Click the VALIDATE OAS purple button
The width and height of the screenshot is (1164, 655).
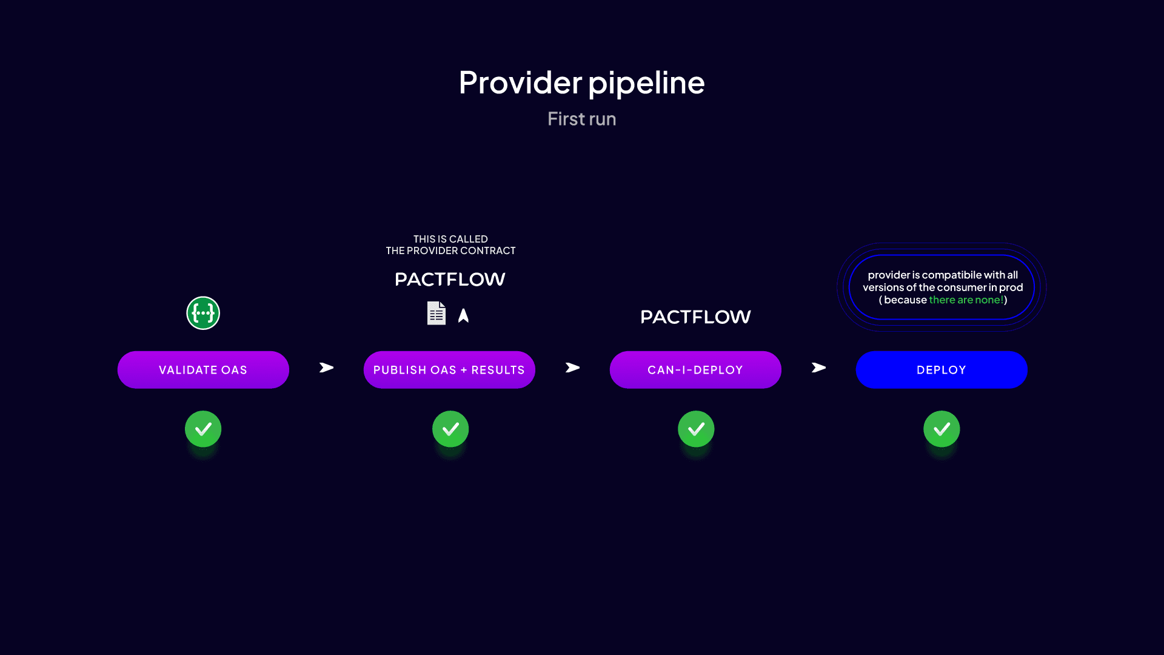203,370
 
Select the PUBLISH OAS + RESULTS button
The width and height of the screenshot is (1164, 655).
449,370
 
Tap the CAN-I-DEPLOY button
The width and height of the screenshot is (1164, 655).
695,370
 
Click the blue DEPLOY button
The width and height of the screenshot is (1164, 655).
942,370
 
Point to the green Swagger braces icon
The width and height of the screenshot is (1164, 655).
203,313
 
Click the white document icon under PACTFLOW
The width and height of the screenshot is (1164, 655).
436,313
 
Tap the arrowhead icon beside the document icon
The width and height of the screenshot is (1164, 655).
463,315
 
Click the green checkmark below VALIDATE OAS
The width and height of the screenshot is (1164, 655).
203,429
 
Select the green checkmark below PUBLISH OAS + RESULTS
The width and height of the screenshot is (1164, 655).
450,429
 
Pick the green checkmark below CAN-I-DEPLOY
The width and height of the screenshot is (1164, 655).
696,429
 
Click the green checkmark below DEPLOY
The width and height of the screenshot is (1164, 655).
942,429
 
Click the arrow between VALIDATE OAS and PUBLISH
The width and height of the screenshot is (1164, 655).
326,368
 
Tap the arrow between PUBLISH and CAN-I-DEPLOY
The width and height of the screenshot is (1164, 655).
572,368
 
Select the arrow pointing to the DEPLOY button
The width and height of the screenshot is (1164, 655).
818,368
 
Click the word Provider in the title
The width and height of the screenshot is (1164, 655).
520,82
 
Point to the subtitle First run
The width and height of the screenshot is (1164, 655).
582,119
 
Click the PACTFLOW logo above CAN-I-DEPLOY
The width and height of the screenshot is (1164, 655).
695,317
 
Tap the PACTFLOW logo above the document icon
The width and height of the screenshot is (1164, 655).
450,279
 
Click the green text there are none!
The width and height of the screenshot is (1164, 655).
966,300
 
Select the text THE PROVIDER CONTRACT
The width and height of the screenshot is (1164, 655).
450,250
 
